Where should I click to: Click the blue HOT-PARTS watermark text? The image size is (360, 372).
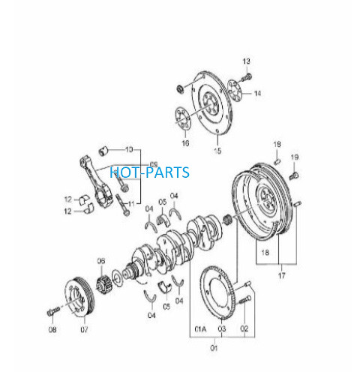point(149,172)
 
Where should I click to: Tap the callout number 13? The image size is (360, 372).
point(246,61)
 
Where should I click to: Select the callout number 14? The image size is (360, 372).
point(257,93)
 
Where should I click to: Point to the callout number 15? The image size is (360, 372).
point(217,151)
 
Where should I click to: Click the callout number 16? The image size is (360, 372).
point(185,143)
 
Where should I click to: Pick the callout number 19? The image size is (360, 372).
point(295,157)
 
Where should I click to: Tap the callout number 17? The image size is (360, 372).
point(281,275)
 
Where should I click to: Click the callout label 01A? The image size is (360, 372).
point(200,329)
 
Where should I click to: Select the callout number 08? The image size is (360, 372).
point(52,330)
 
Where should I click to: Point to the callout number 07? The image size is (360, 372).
point(84,330)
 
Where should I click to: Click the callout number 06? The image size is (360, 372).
point(101,261)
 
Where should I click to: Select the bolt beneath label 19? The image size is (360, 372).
point(294,175)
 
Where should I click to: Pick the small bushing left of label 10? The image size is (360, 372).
point(103,151)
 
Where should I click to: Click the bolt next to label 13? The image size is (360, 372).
point(246,77)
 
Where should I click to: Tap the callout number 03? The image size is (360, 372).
point(222,329)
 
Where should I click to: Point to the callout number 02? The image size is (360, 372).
point(244,328)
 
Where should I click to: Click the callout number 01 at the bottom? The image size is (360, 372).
point(214,348)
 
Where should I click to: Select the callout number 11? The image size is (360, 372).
point(131,204)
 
